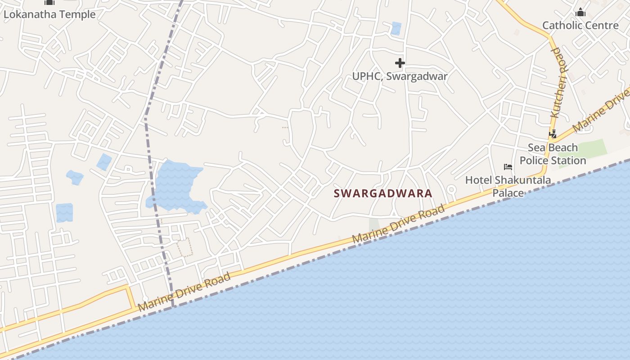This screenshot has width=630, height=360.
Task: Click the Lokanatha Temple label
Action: [49, 14]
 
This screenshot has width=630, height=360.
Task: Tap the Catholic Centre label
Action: [580, 25]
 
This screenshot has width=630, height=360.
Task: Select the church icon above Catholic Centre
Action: [580, 12]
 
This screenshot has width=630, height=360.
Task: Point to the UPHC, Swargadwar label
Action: [400, 76]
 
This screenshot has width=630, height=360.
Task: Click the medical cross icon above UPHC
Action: [400, 63]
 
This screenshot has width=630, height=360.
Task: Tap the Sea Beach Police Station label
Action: [553, 154]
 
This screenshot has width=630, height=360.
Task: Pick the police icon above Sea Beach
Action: [553, 134]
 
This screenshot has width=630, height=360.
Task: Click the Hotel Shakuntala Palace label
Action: [508, 186]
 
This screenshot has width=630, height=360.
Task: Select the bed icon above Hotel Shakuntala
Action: [508, 167]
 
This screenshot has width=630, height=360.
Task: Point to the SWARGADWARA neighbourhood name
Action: [383, 193]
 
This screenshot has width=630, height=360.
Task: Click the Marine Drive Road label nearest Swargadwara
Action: [399, 224]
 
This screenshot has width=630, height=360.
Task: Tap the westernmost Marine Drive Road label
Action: [184, 292]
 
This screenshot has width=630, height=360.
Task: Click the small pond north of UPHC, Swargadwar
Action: [396, 28]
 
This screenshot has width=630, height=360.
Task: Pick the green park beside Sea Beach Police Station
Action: [583, 152]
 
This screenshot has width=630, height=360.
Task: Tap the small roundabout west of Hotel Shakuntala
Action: [451, 189]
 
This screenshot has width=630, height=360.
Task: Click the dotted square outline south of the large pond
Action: [184, 247]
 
